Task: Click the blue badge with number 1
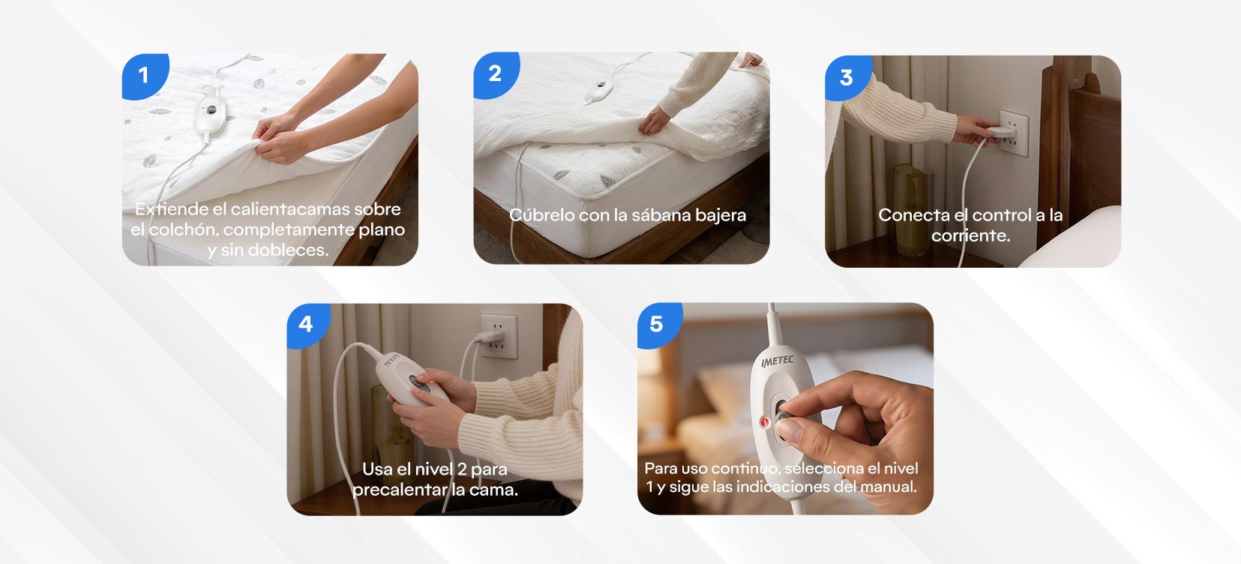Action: tap(144, 75)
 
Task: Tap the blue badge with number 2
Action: tap(496, 74)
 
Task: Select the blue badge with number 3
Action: tap(847, 77)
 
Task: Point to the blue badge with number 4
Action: tap(307, 325)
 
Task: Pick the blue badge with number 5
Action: tap(658, 325)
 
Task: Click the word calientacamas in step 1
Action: tap(290, 208)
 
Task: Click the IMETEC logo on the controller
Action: tap(778, 361)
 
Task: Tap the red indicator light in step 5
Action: tap(765, 422)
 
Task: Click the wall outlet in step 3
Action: tap(1013, 133)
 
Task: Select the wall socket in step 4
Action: tap(498, 336)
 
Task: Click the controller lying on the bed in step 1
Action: tap(211, 111)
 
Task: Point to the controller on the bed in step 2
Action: tap(600, 88)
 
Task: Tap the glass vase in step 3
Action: tap(910, 209)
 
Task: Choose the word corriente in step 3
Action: tap(970, 236)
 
